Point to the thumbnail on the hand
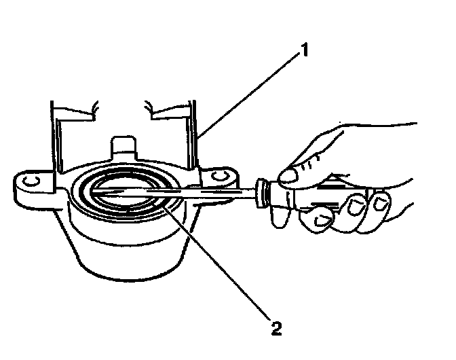coord(289,176)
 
